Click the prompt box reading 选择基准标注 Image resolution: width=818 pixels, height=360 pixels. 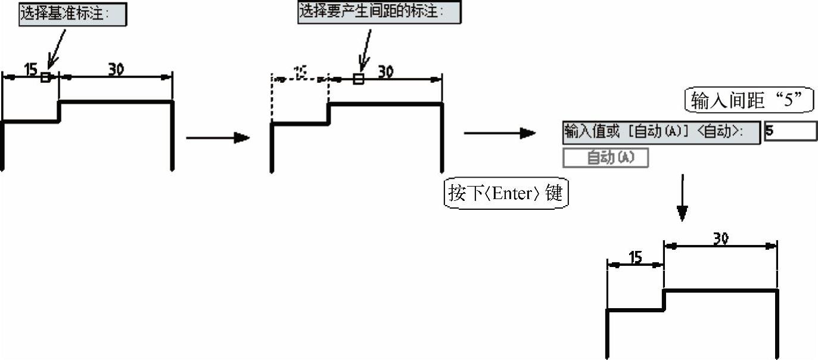(73, 14)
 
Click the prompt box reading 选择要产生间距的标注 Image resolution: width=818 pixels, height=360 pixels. (379, 12)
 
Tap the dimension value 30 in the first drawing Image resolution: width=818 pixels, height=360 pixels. (116, 69)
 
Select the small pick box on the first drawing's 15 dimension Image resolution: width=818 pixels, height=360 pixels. (45, 77)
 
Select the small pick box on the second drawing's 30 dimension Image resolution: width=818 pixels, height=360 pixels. (358, 79)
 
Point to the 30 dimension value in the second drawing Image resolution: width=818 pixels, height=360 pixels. (386, 72)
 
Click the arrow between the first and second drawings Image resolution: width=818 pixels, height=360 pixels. (217, 138)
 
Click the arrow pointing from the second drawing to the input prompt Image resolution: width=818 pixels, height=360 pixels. (499, 134)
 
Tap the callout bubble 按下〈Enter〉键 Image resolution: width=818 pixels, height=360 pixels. (506, 194)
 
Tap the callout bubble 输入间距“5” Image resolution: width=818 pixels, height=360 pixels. (749, 101)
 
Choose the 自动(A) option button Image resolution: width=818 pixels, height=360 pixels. (605, 157)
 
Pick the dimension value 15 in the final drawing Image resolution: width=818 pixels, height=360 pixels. (636, 257)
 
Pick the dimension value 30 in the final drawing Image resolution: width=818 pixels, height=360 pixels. (721, 238)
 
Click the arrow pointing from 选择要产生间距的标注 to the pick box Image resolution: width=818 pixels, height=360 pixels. (365, 51)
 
